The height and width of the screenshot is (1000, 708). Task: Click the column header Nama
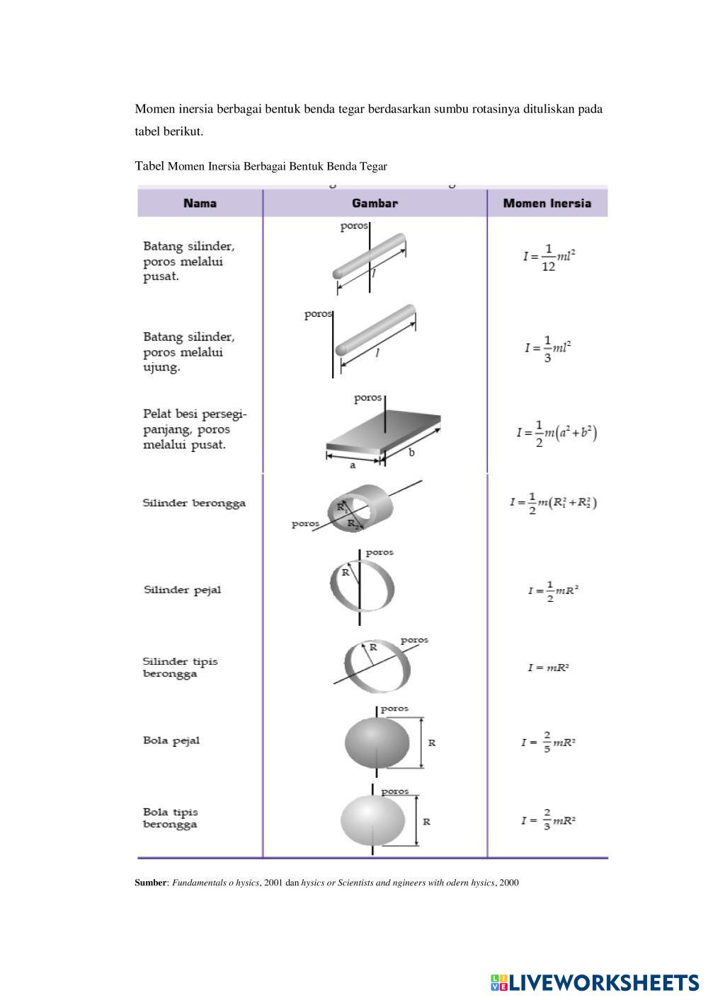200,204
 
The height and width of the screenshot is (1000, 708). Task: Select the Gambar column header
375,204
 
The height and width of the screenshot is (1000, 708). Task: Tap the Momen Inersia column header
547,204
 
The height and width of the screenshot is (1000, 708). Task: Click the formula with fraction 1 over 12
549,257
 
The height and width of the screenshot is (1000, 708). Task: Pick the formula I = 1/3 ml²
548,349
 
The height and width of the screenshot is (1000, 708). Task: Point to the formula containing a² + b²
556,434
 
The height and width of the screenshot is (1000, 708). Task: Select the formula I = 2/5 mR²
548,742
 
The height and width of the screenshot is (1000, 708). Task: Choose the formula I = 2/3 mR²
548,820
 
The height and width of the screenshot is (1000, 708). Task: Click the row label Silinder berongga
194,503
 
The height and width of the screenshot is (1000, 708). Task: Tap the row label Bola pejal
171,740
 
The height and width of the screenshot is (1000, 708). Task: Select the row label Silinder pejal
183,591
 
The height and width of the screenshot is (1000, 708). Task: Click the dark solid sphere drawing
377,743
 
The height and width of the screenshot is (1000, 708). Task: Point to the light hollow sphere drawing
372,820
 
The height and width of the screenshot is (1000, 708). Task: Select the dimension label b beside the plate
411,452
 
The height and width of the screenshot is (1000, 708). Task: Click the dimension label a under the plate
353,465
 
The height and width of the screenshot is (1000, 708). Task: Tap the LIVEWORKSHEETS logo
595,982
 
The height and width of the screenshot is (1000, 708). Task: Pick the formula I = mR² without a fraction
548,668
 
